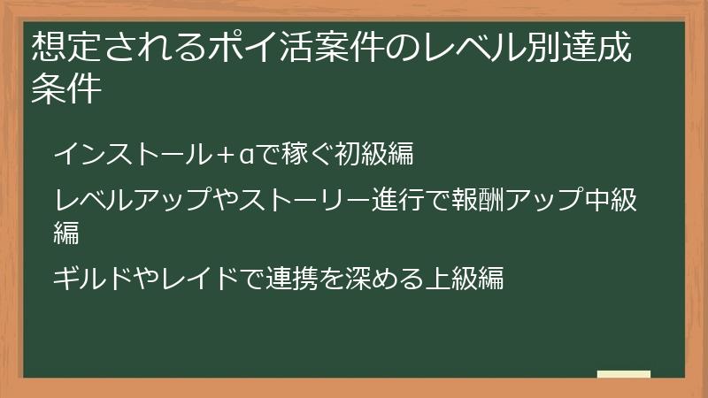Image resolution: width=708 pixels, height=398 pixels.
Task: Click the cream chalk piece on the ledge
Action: click(x=624, y=375)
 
